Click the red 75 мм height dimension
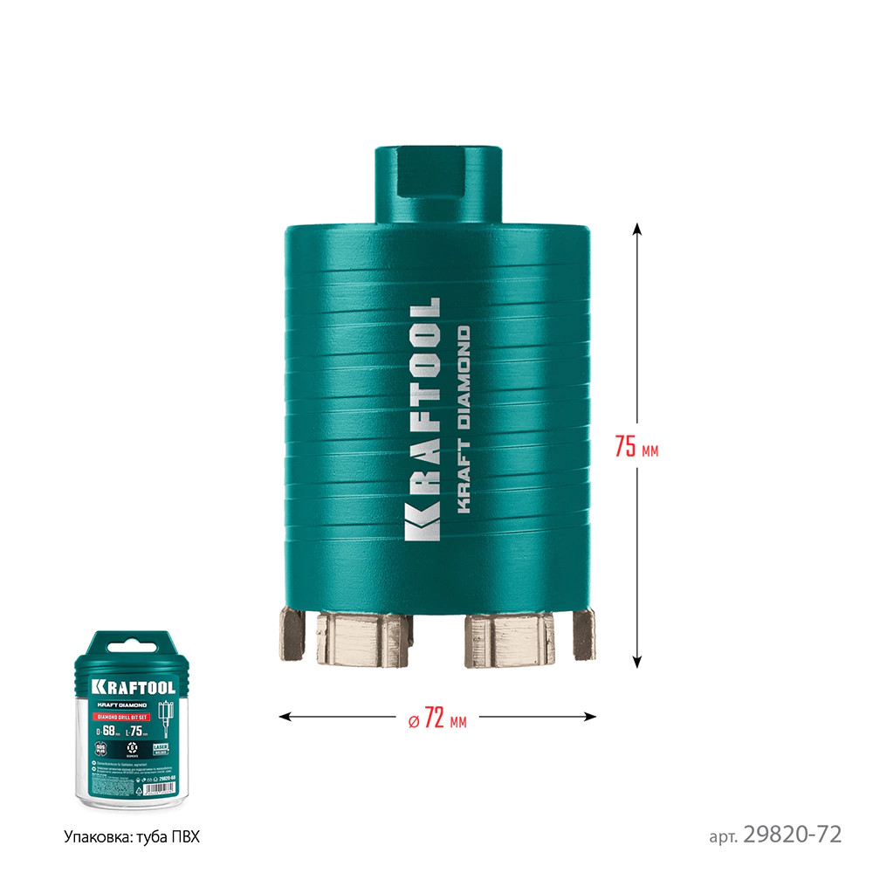pos(636,446)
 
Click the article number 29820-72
pos(792,835)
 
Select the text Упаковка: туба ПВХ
pos(132,836)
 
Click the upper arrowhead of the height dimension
pos(637,230)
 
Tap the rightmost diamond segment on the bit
pos(582,634)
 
